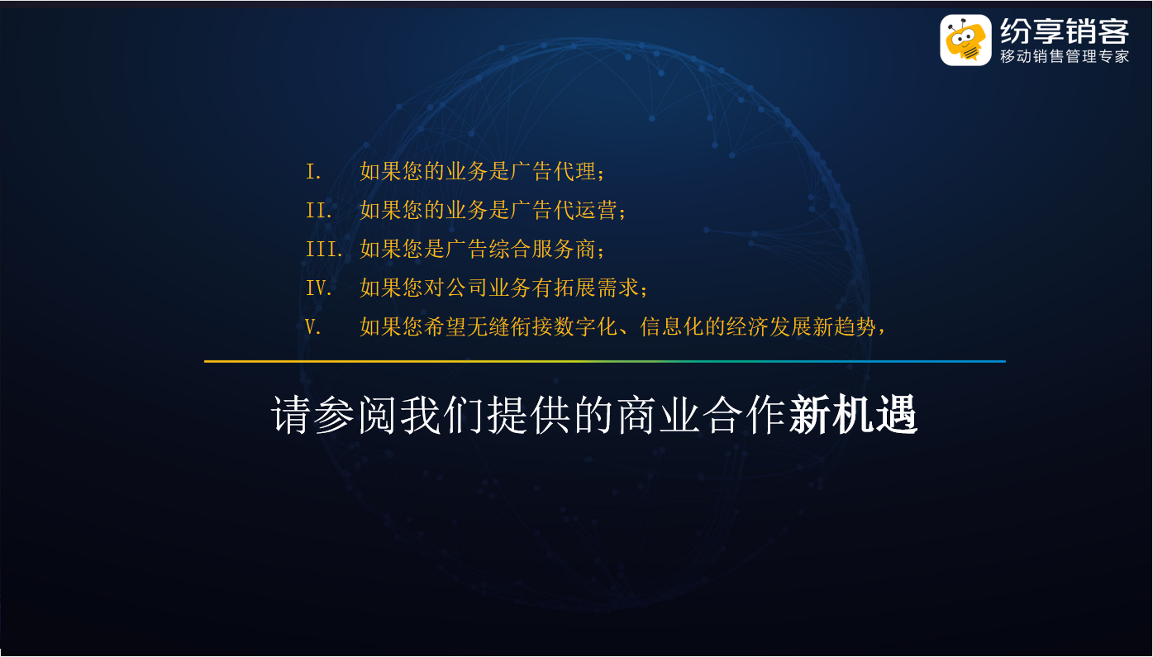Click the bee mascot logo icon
point(965,40)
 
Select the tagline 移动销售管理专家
point(1065,56)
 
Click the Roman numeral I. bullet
point(313,172)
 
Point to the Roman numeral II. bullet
point(318,211)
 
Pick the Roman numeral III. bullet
point(324,250)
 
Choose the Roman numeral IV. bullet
point(318,288)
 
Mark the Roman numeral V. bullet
point(313,327)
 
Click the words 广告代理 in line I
point(553,171)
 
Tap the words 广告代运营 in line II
point(565,210)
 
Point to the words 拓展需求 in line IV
point(597,288)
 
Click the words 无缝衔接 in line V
point(510,326)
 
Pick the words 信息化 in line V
point(672,326)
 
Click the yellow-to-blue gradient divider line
point(605,361)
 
